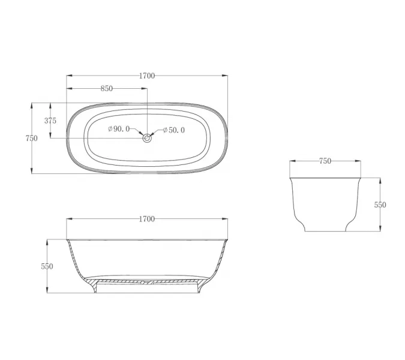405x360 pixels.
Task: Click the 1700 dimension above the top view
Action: [147, 76]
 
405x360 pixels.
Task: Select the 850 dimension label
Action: [107, 89]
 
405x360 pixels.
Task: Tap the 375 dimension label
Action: [50, 121]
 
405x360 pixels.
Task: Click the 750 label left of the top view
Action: [32, 139]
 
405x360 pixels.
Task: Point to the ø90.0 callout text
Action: [119, 129]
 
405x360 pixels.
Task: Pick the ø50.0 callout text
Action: [174, 130]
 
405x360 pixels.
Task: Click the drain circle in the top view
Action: [147, 138]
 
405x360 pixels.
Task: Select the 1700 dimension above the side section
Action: [147, 219]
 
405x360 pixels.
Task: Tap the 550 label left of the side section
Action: [47, 266]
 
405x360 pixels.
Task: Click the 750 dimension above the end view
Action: [325, 161]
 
